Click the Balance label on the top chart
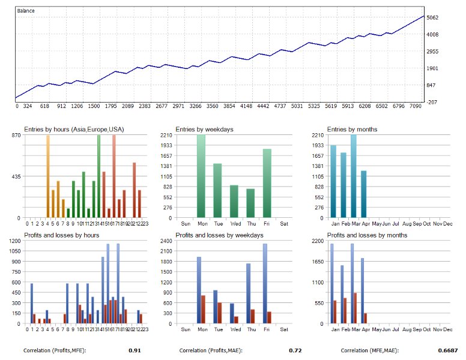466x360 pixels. pos(26,11)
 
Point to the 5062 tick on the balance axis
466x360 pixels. pos(433,17)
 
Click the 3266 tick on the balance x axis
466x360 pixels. pos(195,106)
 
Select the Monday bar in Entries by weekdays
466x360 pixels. pos(201,176)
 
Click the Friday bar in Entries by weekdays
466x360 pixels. pos(267,183)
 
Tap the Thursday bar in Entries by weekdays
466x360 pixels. pos(250,203)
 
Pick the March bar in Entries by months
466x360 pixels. pos(354,176)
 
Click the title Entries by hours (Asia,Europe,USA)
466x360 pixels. pos(74,129)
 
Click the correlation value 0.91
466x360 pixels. pos(135,350)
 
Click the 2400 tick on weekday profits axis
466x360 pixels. pos(165,241)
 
